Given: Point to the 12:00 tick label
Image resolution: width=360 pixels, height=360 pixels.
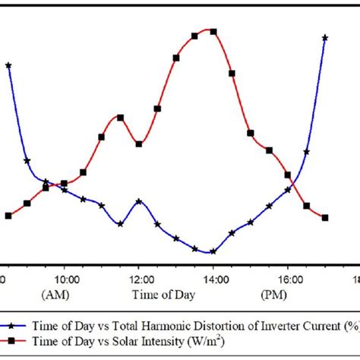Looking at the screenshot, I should pyautogui.click(x=138, y=279).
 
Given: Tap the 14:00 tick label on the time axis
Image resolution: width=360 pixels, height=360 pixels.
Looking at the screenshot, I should pyautogui.click(x=213, y=279).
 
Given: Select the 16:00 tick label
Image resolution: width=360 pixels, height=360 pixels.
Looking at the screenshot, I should pyautogui.click(x=287, y=279).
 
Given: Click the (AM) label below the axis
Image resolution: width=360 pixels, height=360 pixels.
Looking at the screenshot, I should pyautogui.click(x=64, y=293).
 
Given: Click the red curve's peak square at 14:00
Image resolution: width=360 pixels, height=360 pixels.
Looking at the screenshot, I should pyautogui.click(x=213, y=32).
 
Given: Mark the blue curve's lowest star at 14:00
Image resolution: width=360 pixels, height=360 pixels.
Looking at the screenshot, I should pyautogui.click(x=213, y=251).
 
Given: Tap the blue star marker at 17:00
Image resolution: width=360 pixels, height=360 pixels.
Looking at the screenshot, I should pyautogui.click(x=325, y=37).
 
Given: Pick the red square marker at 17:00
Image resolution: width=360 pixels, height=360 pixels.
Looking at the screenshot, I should pyautogui.click(x=324, y=218).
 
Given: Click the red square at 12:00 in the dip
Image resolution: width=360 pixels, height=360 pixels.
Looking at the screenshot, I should pyautogui.click(x=139, y=144).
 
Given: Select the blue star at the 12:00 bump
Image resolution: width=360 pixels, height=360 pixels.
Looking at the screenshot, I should pyautogui.click(x=139, y=201).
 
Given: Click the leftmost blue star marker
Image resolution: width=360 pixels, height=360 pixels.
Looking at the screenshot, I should pyautogui.click(x=8, y=65).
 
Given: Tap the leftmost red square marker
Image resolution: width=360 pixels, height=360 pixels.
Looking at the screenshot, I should pyautogui.click(x=8, y=216).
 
